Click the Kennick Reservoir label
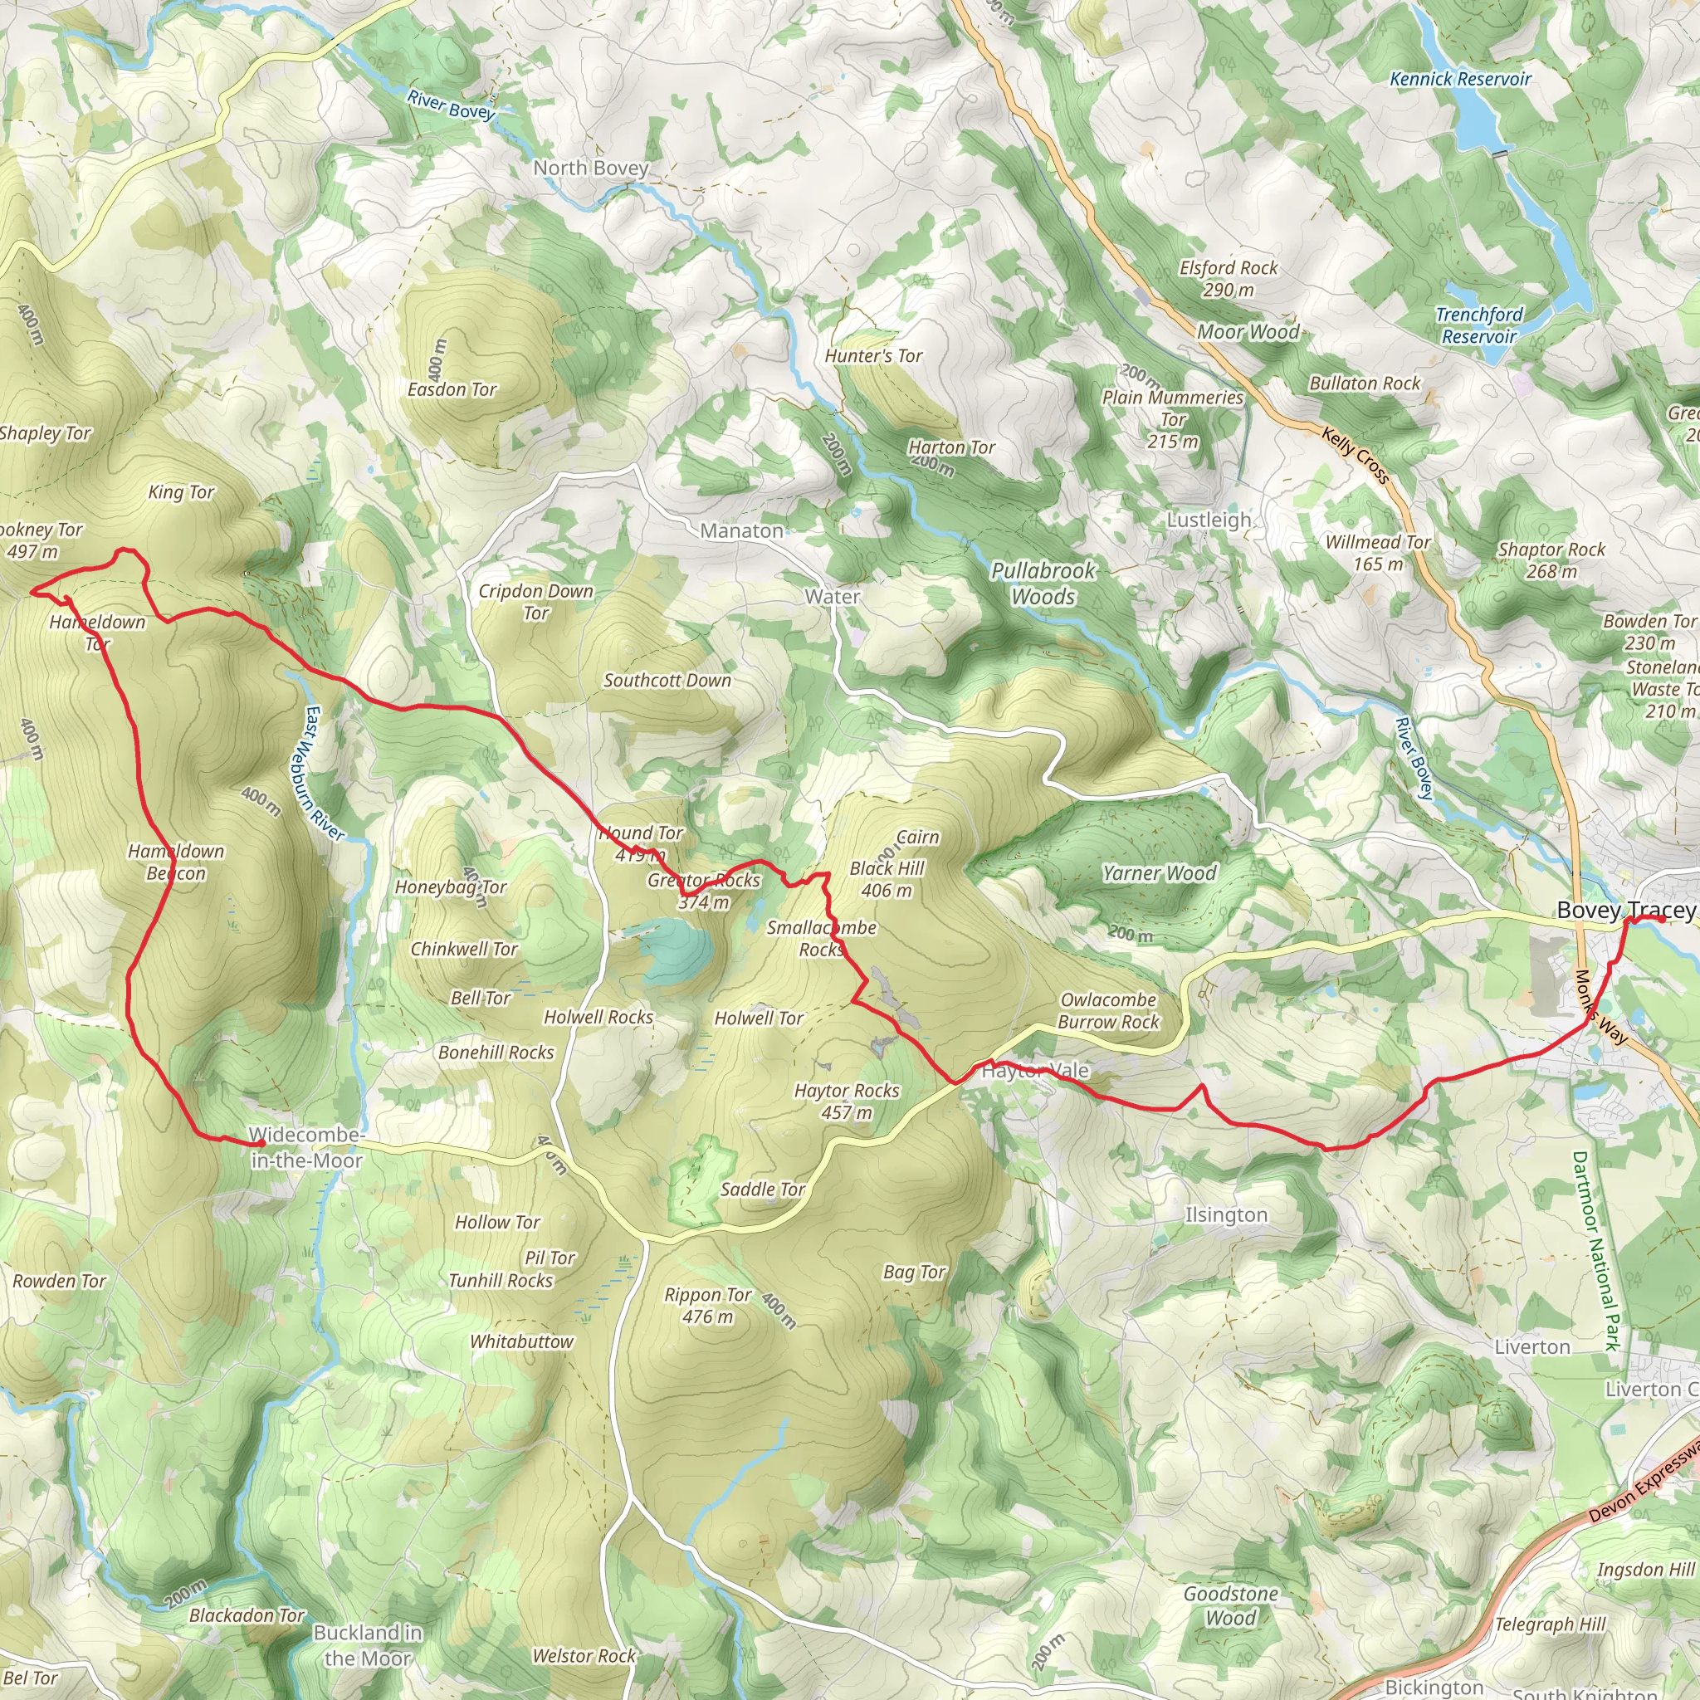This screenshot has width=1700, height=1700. point(1460,79)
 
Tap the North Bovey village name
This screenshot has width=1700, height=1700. point(590,168)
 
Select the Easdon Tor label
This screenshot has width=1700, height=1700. point(452,389)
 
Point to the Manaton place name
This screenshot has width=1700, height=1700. point(741,530)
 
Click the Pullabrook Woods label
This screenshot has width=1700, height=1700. point(1043,584)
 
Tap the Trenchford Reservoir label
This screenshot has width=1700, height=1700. point(1479,325)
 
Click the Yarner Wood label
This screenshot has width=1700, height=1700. point(1159,874)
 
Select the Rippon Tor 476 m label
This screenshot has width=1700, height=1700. point(708,1306)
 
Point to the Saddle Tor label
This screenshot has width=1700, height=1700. point(762,1190)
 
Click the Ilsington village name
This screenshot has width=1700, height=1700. point(1226,1215)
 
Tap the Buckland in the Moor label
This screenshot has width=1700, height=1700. point(368,1645)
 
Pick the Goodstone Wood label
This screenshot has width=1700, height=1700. point(1230,1606)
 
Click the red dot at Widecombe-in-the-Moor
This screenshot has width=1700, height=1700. point(261,1143)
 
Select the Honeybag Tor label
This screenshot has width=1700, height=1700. point(450,888)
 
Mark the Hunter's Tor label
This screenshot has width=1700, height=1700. point(873,356)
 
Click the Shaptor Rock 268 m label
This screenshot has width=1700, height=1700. point(1551,560)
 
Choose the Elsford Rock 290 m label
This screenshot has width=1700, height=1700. point(1229,279)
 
